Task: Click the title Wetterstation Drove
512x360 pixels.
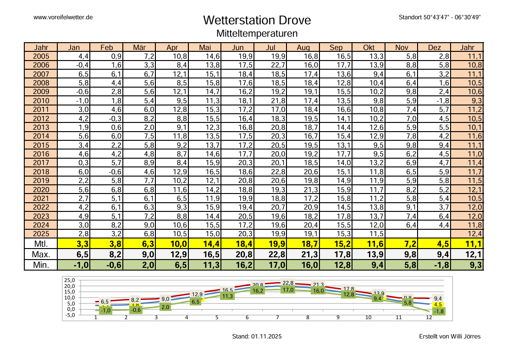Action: pos(257,21)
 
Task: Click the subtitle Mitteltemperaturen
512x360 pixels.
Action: pos(257,33)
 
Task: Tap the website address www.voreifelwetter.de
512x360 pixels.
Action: pos(64,17)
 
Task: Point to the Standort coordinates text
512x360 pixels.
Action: pos(439,17)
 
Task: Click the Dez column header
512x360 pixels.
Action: pos(434,47)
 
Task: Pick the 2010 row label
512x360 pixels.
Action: pos(41,100)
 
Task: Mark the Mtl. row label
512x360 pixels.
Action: pos(41,244)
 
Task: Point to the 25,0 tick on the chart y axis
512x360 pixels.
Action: pos(69,280)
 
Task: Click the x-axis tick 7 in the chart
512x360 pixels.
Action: pos(277,317)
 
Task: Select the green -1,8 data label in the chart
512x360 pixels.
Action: pos(438,311)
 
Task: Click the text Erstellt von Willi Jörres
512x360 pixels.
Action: pos(450,337)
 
